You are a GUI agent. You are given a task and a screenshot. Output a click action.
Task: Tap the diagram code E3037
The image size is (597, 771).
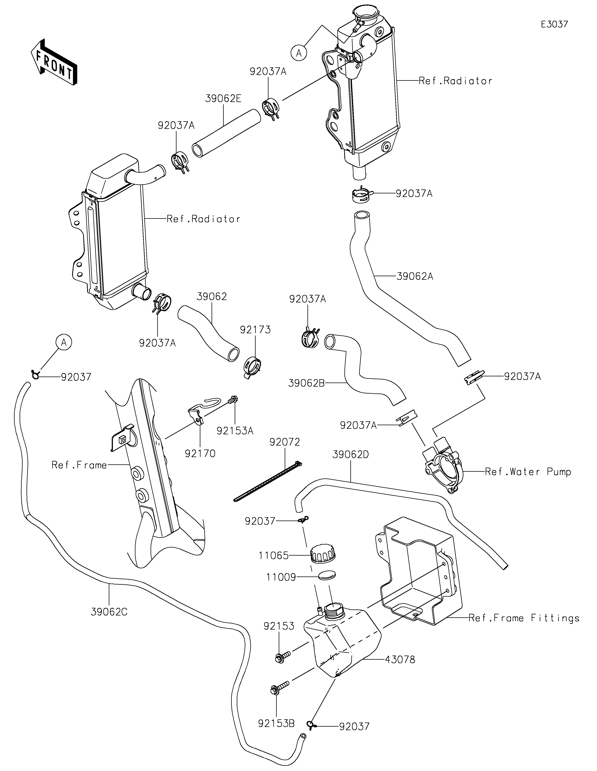554,24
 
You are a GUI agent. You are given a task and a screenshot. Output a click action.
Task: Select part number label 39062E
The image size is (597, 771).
223,99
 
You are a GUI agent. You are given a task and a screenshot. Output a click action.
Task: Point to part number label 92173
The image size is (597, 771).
255,330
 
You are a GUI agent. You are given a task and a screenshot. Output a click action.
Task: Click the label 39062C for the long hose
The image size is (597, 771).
109,612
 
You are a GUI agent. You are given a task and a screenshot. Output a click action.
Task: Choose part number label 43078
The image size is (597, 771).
400,659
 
